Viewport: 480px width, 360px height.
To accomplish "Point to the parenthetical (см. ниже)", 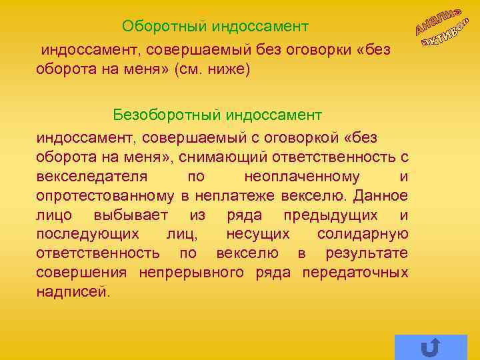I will coord(211,69).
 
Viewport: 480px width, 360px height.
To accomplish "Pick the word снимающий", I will coord(222,157).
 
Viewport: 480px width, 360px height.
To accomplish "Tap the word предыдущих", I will coord(327,215).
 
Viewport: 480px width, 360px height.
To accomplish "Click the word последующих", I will coord(88,234).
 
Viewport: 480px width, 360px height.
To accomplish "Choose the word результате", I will coord(367,253).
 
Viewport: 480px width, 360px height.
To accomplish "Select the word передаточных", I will coord(355,273).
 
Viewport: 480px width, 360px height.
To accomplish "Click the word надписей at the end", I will coord(72,292).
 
